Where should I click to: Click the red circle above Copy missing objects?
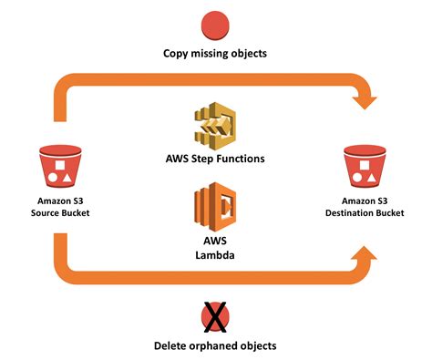(215, 24)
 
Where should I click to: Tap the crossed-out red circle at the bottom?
(215, 314)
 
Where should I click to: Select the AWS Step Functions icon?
(215, 127)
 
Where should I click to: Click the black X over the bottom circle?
(215, 315)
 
